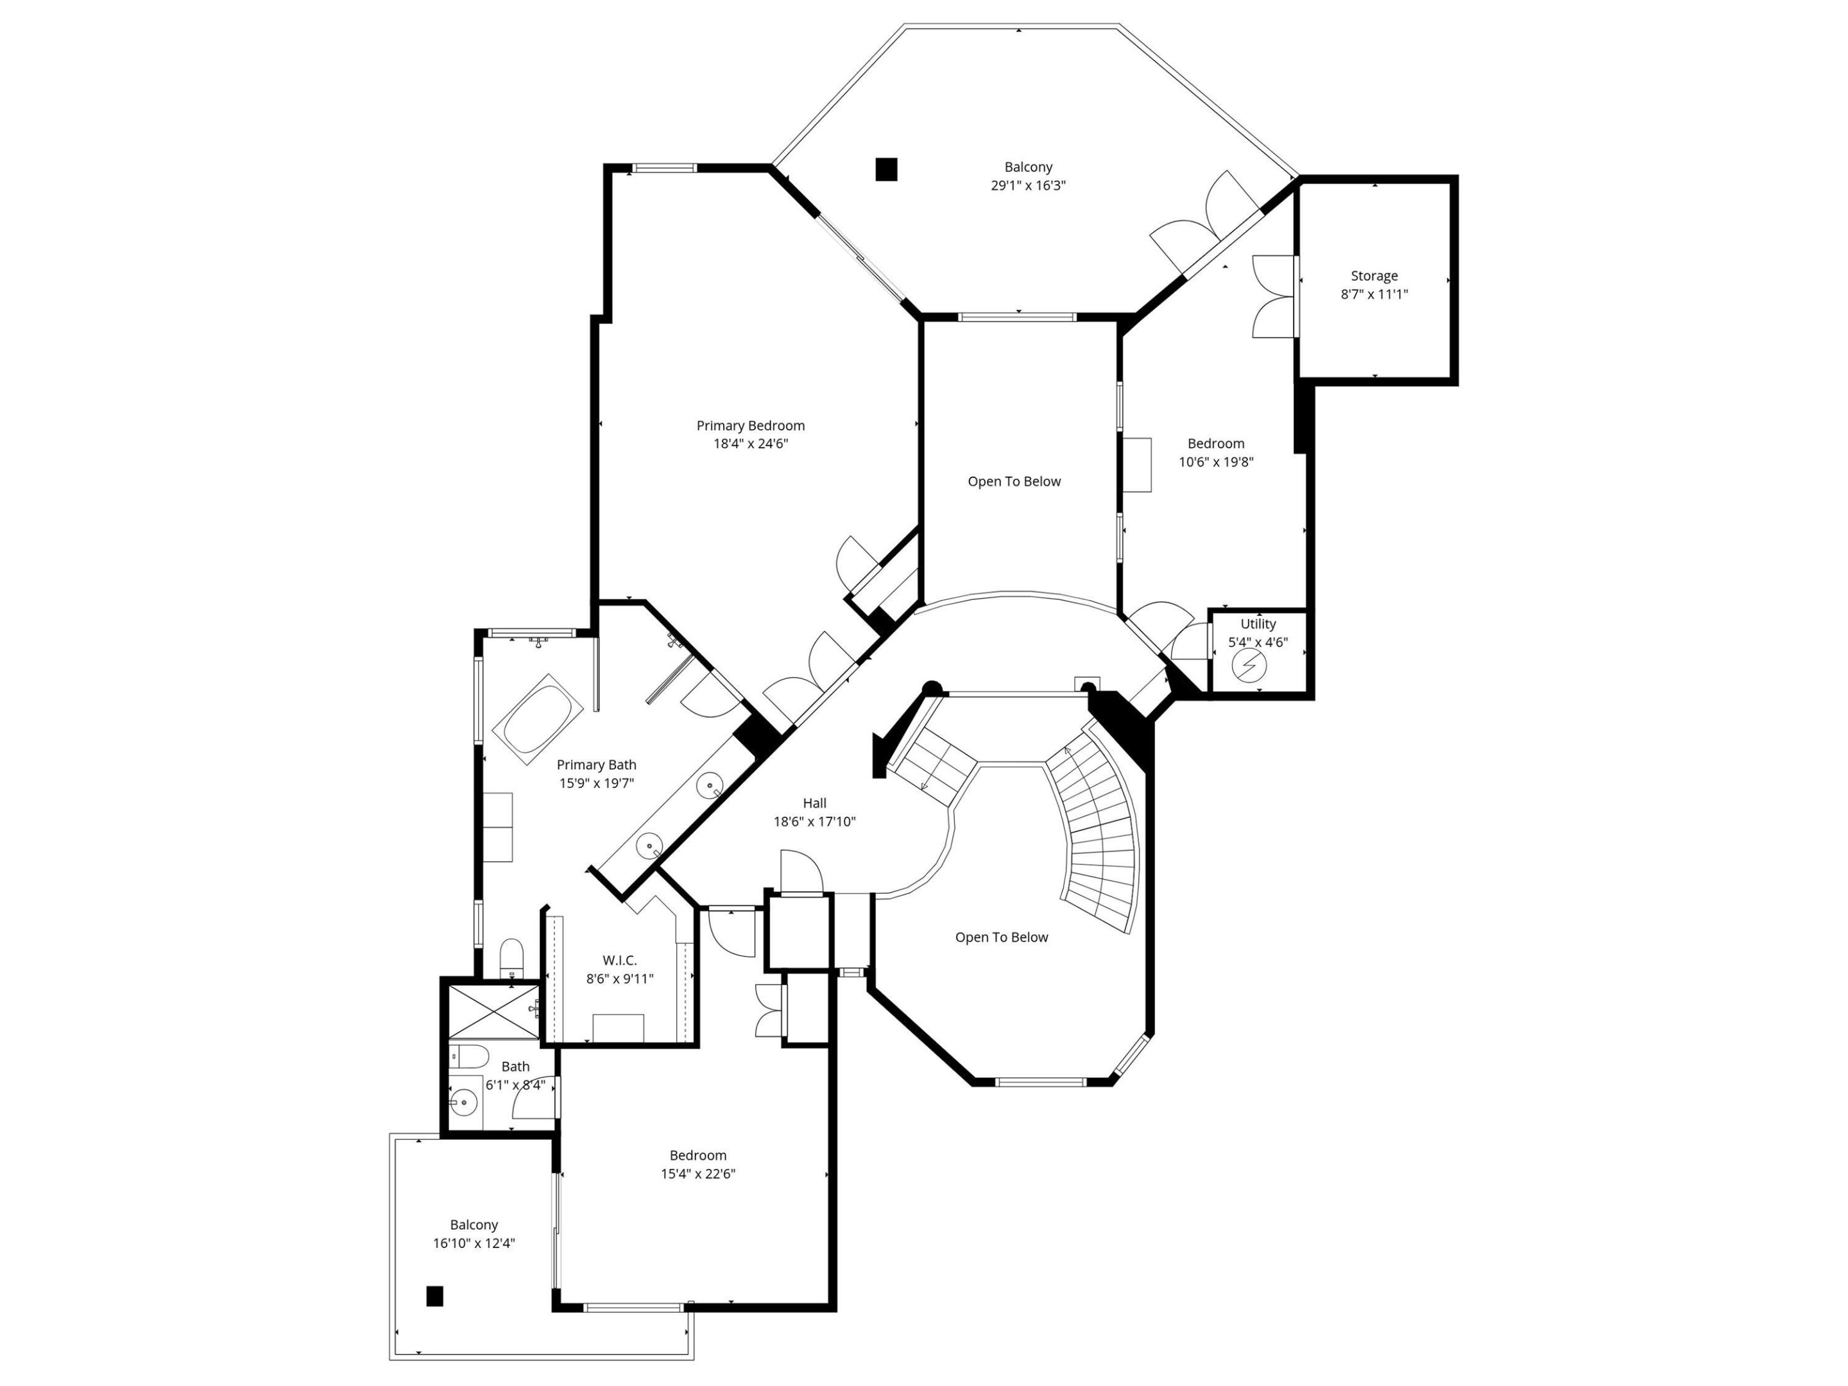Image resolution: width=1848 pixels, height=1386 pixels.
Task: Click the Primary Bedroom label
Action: (x=750, y=426)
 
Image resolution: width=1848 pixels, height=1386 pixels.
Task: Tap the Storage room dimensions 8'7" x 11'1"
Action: (x=1374, y=294)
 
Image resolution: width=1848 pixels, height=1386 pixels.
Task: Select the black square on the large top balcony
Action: (x=886, y=169)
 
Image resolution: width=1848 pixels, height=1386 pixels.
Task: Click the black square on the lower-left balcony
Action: (x=434, y=1296)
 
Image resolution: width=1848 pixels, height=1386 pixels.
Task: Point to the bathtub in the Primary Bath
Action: (x=538, y=719)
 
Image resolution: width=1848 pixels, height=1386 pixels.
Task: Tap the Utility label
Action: (x=1257, y=624)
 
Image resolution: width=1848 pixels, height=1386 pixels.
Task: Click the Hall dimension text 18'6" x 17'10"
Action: (x=814, y=821)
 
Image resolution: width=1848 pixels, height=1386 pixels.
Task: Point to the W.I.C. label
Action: (x=619, y=961)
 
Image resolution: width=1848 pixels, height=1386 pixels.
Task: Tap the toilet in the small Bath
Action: (x=470, y=1057)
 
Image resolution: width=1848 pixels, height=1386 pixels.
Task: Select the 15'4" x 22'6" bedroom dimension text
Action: (x=697, y=1174)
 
